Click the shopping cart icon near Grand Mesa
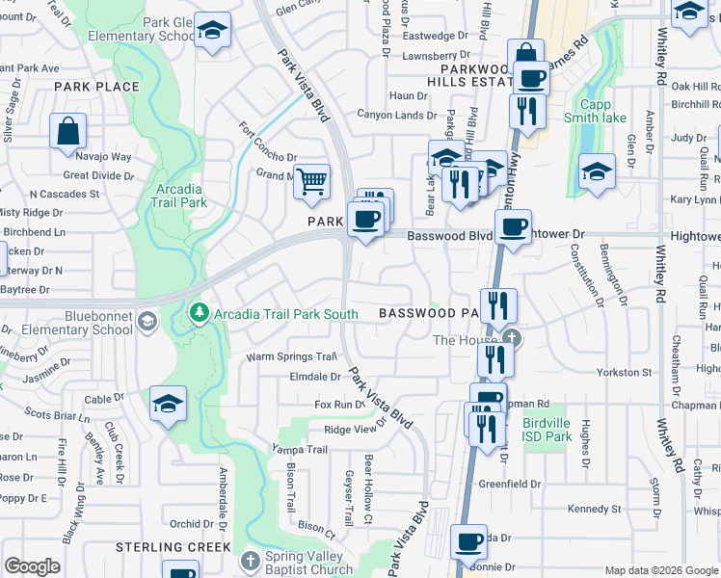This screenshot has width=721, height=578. (x=311, y=181)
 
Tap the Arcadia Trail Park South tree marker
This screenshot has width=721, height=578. (x=200, y=313)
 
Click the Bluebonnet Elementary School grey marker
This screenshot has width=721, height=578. (x=147, y=321)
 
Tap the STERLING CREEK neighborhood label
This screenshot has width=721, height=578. (x=174, y=547)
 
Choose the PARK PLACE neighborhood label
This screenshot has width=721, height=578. (x=96, y=87)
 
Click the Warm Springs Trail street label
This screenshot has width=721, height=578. (x=291, y=356)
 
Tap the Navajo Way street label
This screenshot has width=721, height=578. (x=106, y=156)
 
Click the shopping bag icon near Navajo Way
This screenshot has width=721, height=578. (x=67, y=131)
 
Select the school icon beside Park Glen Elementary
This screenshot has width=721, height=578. (x=212, y=31)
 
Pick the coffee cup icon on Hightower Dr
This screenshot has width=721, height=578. (x=512, y=228)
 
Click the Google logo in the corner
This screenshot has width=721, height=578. (x=32, y=566)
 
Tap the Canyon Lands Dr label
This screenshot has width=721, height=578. (x=396, y=116)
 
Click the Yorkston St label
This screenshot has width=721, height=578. (x=624, y=372)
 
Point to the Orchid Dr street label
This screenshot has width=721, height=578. (x=185, y=525)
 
